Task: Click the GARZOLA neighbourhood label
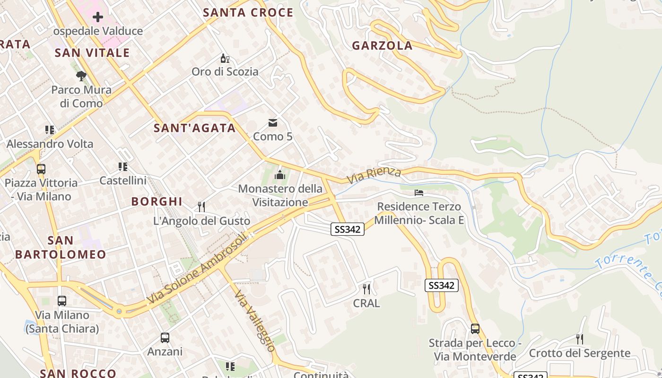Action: pos(382,46)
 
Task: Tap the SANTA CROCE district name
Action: pos(248,13)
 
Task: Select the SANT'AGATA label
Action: pos(195,128)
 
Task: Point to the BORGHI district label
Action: pos(157,202)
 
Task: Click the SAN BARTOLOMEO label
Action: pos(61,248)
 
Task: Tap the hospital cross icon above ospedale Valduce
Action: pos(98,17)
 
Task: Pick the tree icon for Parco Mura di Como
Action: pos(81,76)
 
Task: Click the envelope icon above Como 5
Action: pos(273,123)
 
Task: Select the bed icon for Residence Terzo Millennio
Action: pos(419,193)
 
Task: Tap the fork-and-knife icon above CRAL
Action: pos(366,289)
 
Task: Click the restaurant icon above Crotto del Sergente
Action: pos(580,339)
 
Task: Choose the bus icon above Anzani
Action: pos(165,338)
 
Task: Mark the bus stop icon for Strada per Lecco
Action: pos(475,329)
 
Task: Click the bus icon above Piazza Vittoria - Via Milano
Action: pos(41,169)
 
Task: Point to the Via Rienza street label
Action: pos(374,175)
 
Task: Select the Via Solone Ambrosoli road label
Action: pos(197,269)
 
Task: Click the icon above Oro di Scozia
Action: pos(225,59)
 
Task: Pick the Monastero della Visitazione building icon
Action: pos(280,175)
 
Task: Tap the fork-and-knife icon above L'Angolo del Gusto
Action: pos(201,207)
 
